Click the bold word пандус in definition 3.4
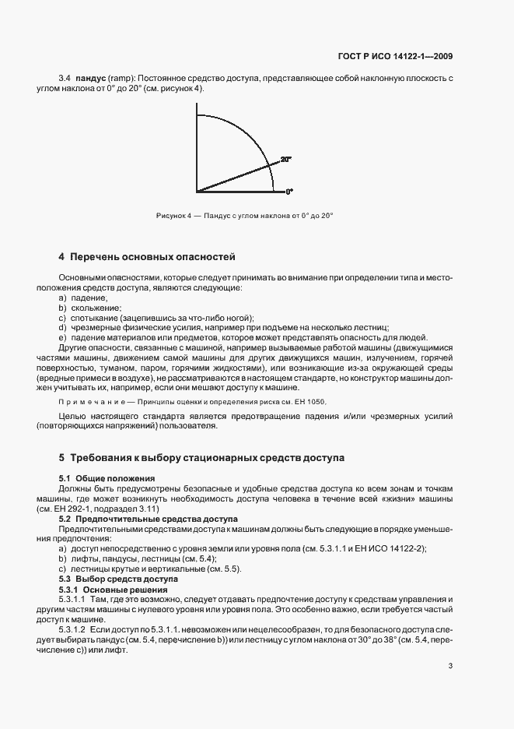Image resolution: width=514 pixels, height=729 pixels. tap(89, 79)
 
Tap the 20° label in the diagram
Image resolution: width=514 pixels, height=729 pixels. tap(285, 159)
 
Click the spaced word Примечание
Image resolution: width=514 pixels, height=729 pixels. tap(92, 402)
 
